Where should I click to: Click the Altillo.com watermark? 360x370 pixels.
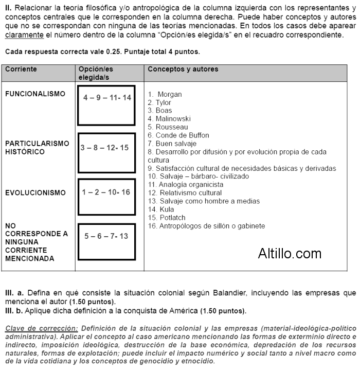[x=290, y=253]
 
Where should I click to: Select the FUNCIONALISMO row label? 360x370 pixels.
[x=35, y=94]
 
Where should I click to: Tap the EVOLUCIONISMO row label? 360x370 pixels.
[x=35, y=193]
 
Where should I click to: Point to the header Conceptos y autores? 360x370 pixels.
[x=183, y=69]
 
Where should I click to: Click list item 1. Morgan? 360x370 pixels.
[x=165, y=94]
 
